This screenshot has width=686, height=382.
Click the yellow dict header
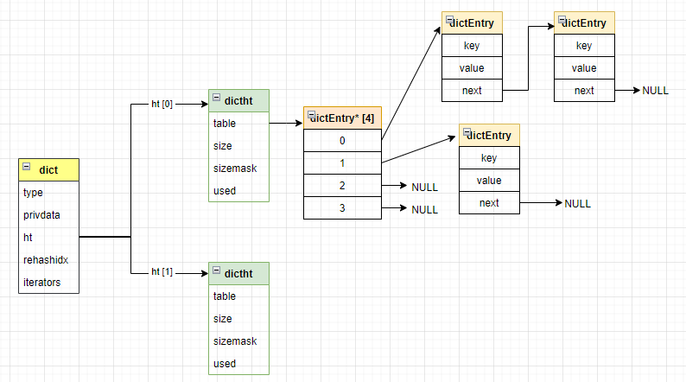(x=48, y=170)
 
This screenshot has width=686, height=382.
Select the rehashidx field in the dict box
(x=45, y=259)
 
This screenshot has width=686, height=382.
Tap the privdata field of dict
(x=41, y=215)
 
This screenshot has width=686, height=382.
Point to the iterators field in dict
(x=42, y=282)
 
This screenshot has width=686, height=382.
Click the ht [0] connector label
(x=162, y=105)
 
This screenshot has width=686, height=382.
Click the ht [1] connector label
(x=162, y=272)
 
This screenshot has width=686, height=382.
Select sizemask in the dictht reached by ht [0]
(x=235, y=168)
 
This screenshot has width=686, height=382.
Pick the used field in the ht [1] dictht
(x=225, y=363)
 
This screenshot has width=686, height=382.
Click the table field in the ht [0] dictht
(x=225, y=123)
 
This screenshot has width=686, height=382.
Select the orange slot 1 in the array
(x=342, y=162)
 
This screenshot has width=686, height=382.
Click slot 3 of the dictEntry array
(x=342, y=207)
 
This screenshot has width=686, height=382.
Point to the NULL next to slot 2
(x=424, y=187)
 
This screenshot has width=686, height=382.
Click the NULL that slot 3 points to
(x=424, y=209)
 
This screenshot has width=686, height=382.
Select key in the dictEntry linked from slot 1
(x=489, y=158)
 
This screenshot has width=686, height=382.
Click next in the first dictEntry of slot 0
(x=472, y=90)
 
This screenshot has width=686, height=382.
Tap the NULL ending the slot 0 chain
(x=656, y=91)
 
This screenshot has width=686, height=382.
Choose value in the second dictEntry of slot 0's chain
(x=584, y=68)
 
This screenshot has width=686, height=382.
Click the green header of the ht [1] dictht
(x=238, y=274)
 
